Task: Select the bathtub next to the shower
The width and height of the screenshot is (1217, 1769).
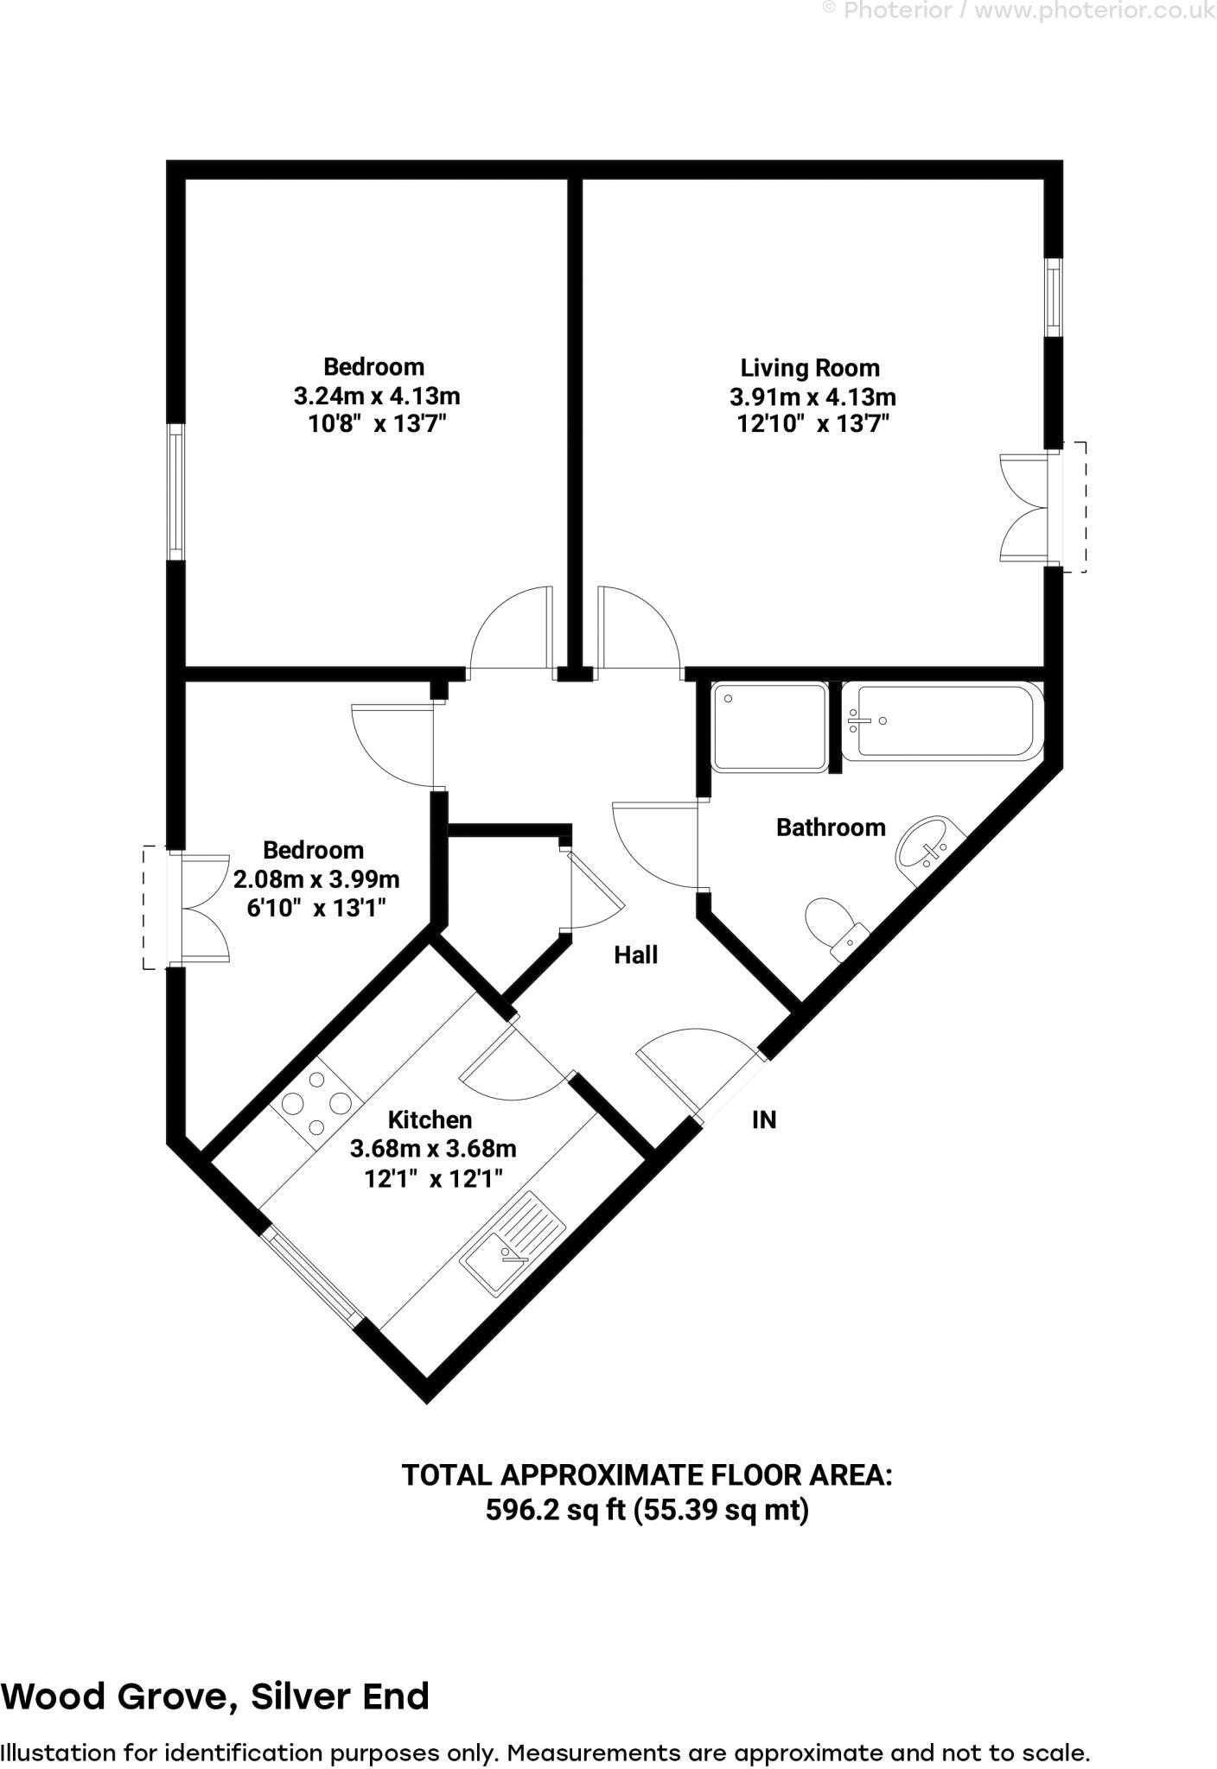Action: (942, 721)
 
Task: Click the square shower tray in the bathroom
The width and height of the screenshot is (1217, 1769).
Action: (768, 726)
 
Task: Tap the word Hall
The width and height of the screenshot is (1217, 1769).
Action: (635, 954)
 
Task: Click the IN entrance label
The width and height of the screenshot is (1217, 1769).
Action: (764, 1119)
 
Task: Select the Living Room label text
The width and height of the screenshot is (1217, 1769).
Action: (810, 368)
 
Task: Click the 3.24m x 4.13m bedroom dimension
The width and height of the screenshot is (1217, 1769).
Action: (377, 396)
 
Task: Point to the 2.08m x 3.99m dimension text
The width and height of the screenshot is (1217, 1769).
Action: (316, 879)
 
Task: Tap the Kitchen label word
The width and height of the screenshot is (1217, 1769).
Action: (430, 1119)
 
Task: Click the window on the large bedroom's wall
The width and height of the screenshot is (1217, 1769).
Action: (175, 491)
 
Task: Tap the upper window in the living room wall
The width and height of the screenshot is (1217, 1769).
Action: (1053, 298)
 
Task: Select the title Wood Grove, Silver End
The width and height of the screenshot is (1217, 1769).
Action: (215, 1696)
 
